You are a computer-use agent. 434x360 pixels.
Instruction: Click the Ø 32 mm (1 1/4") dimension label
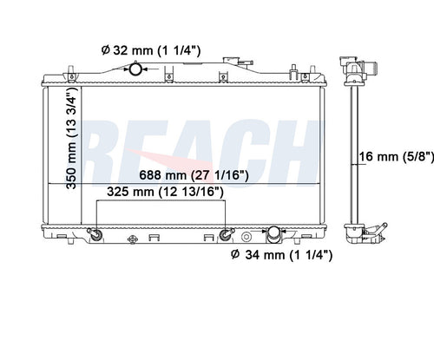point(151,50)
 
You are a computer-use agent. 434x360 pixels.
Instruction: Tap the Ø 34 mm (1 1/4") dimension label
point(282,255)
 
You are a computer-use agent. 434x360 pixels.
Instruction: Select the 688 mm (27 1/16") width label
point(194,175)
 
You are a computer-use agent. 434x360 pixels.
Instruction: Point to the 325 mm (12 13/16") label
point(165,192)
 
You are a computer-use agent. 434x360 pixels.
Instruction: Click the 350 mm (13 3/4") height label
point(72,138)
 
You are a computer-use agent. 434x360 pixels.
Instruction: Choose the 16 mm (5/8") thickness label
point(397,157)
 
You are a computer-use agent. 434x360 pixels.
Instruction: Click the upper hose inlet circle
point(135,69)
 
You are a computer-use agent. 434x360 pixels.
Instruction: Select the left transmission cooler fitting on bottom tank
point(95,234)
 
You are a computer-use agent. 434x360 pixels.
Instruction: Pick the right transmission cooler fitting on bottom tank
point(226,234)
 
